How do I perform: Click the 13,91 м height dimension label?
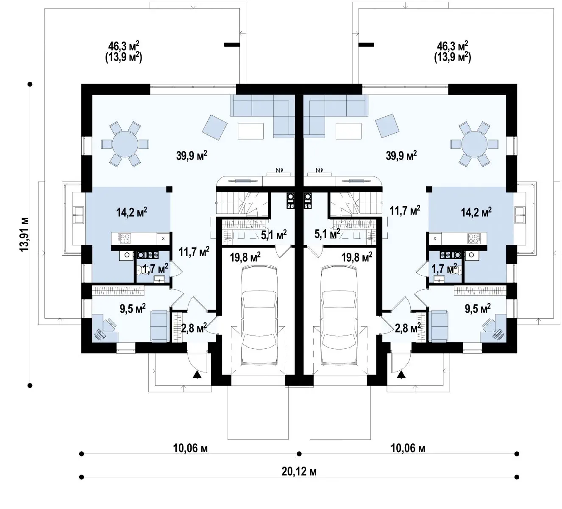tap(24, 234)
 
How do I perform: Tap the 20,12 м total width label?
tap(299, 472)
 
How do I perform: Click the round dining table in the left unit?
tap(125, 144)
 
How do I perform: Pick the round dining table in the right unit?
tap(474, 144)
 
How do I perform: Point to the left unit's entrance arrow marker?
tap(197, 375)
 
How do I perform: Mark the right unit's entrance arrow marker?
tap(402, 375)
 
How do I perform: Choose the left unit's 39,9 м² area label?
tap(192, 155)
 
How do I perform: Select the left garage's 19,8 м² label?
tap(245, 257)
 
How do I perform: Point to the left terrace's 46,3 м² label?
tap(124, 46)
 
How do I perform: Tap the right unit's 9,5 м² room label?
tap(478, 308)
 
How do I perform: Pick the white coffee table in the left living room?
tap(250, 131)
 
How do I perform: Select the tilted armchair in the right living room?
tap(387, 126)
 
